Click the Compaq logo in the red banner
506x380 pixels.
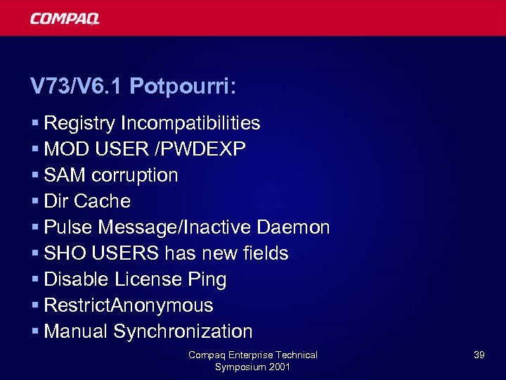tap(64, 18)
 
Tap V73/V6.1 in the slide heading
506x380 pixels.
tap(77, 87)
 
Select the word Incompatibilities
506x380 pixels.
tap(190, 123)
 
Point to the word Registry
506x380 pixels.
tap(79, 124)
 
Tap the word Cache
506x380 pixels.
tap(102, 201)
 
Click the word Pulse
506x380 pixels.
tap(68, 227)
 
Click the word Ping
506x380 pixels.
tap(207, 280)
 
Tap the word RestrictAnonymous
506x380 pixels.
tap(129, 305)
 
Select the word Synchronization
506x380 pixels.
tap(183, 331)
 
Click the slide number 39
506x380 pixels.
tap(479, 355)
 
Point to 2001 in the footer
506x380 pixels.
tap(278, 367)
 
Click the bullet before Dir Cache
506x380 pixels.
tap(35, 202)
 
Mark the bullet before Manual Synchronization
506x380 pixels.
tap(35, 332)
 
